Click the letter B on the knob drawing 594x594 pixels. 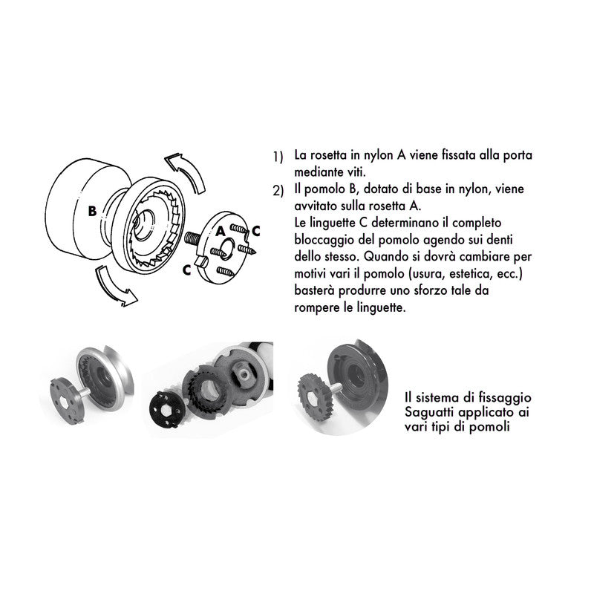(x=91, y=211)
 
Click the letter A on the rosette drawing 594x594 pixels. (x=221, y=232)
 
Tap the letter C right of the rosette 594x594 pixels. (x=255, y=231)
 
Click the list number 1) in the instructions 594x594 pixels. (x=278, y=158)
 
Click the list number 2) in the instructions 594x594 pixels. (x=278, y=191)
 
